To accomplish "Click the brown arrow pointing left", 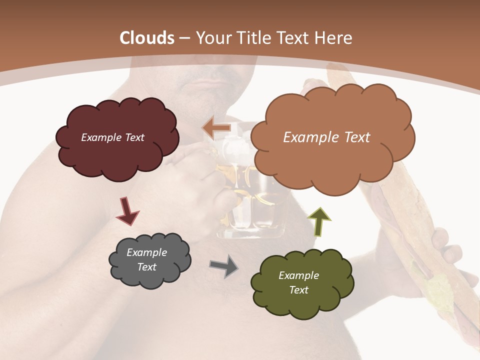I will [x=216, y=128].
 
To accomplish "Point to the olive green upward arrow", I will [x=319, y=221].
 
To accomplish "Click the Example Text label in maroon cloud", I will [x=112, y=137].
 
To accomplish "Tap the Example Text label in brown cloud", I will [x=326, y=137].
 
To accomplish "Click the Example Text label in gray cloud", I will [x=146, y=259].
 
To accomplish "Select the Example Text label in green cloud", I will [x=298, y=282].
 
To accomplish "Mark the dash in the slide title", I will [x=184, y=38].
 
